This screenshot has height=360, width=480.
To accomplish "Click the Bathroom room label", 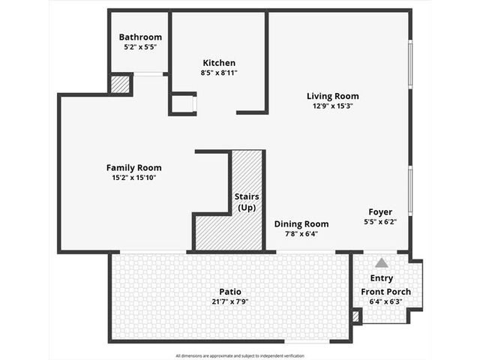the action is [x=140, y=37].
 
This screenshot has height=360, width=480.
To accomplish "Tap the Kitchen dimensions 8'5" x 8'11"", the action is [x=219, y=73].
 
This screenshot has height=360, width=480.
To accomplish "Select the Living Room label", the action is [x=333, y=96].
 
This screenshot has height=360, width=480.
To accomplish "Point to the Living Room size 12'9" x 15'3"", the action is [x=333, y=106].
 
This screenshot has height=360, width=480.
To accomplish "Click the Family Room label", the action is [x=133, y=168].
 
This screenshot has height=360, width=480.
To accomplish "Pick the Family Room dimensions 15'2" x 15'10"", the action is [x=134, y=178].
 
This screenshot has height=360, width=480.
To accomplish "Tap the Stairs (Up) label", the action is [x=247, y=202].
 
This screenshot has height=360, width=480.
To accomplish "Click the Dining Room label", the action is [x=301, y=224].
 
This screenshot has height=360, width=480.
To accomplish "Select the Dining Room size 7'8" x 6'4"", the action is [x=301, y=234].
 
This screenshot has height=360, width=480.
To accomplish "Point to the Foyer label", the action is [x=380, y=211].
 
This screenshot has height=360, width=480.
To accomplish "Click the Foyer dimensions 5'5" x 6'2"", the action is [x=380, y=222].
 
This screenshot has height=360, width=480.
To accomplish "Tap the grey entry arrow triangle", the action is [x=382, y=262].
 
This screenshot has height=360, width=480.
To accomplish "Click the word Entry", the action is [x=382, y=278].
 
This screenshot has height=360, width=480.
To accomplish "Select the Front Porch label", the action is [x=385, y=292].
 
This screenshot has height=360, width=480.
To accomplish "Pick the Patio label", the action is [x=230, y=292].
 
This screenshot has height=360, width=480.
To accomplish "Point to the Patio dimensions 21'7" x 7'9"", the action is [x=230, y=301].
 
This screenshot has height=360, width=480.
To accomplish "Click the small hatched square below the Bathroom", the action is [x=120, y=85].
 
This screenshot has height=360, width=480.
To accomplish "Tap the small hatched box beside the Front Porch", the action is [x=355, y=316].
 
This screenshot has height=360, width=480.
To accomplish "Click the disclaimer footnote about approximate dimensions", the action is [x=240, y=355].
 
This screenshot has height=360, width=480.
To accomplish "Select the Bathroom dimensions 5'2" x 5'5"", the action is [x=140, y=47].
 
